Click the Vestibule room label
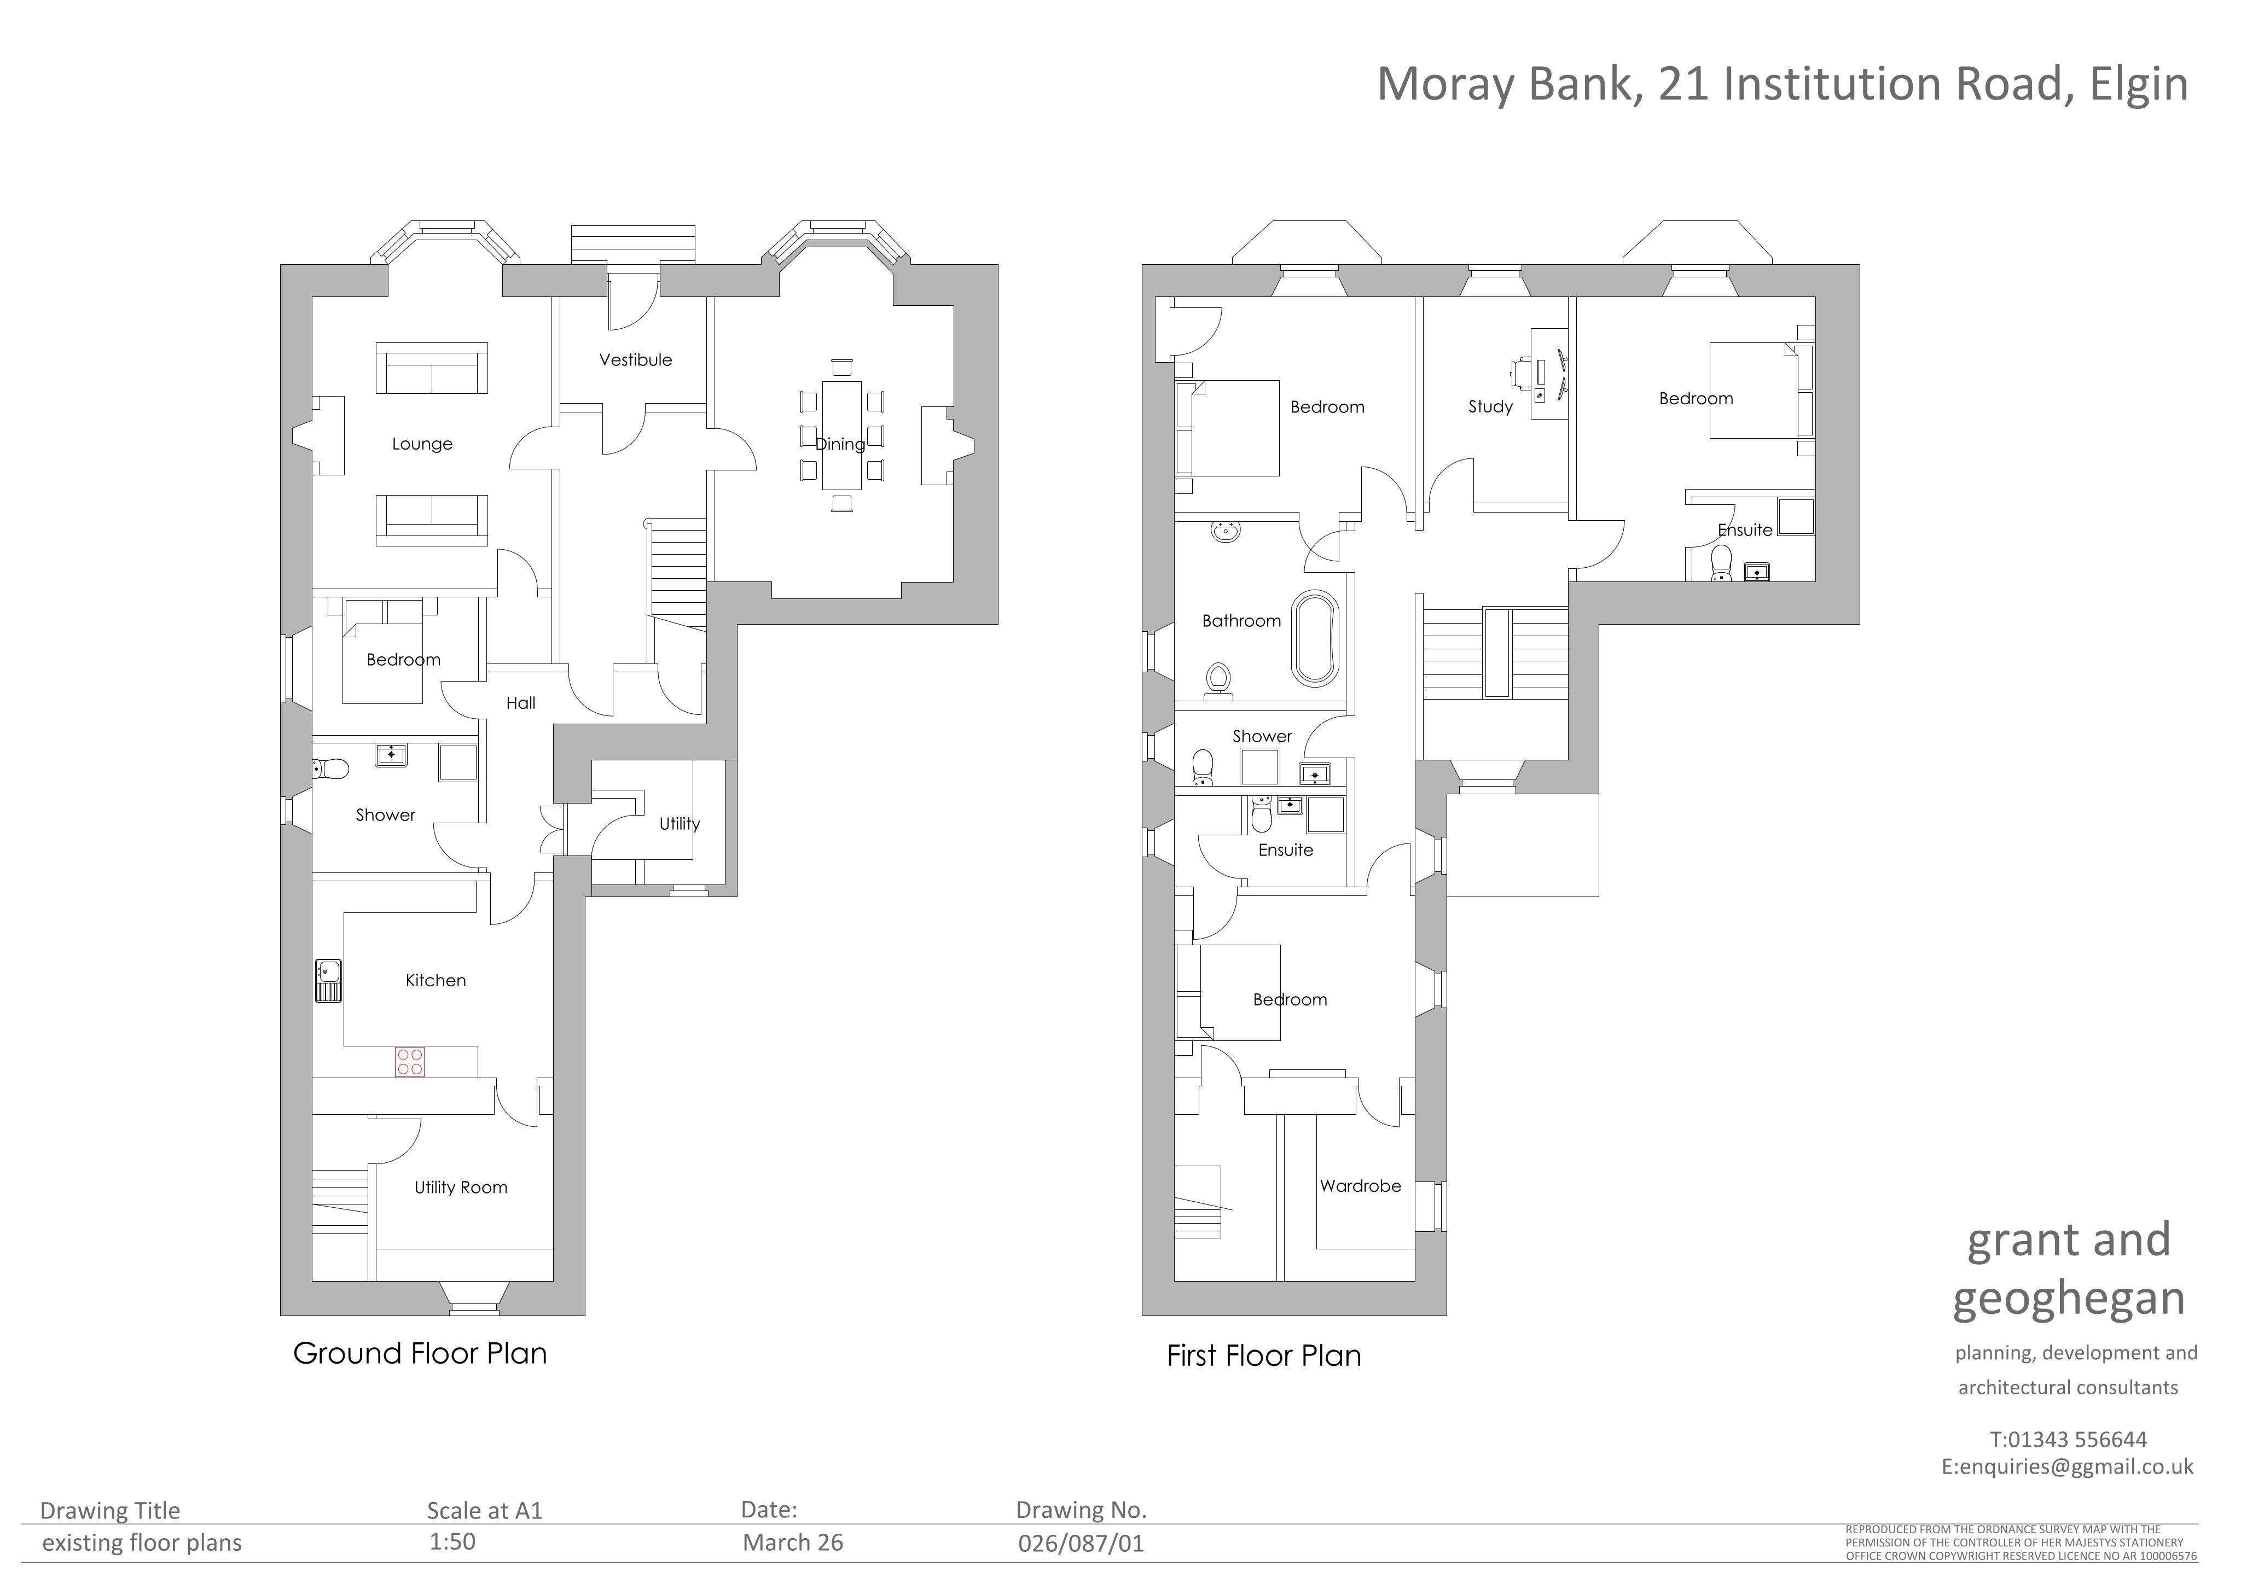pyautogui.click(x=635, y=360)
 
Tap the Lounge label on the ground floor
pyautogui.click(x=422, y=444)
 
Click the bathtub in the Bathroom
pyautogui.click(x=1316, y=638)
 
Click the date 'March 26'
pyautogui.click(x=793, y=1543)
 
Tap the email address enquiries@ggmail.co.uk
pyautogui.click(x=2076, y=1467)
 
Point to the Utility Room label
pyautogui.click(x=461, y=1188)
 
